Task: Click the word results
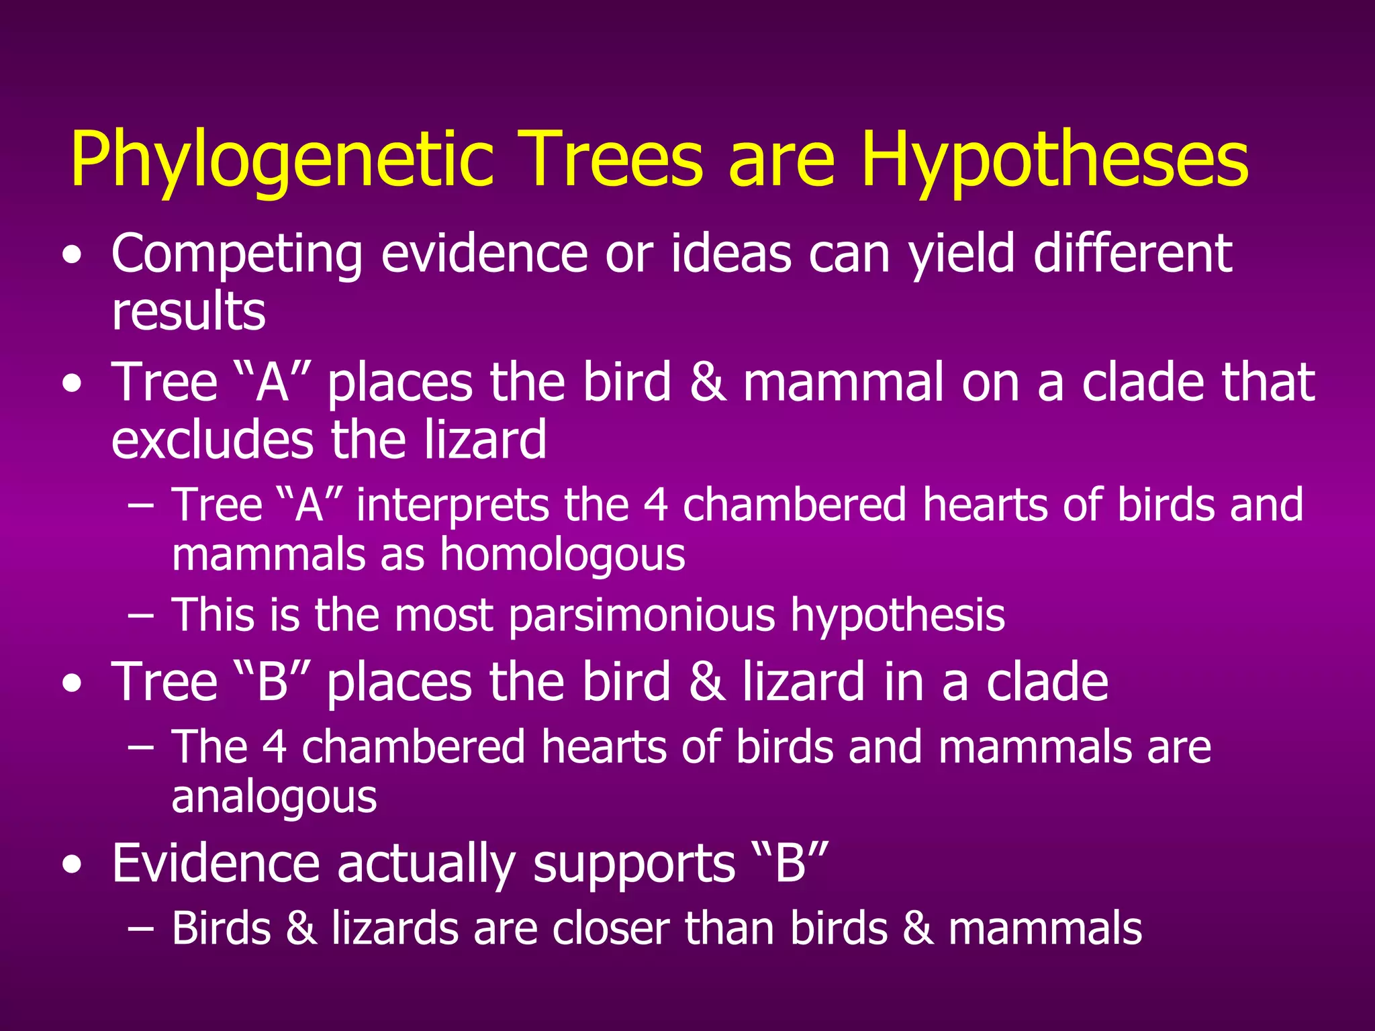(x=189, y=312)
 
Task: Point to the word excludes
(x=212, y=440)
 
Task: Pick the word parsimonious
(x=641, y=616)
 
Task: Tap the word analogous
(x=274, y=797)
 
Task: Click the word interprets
(x=452, y=505)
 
